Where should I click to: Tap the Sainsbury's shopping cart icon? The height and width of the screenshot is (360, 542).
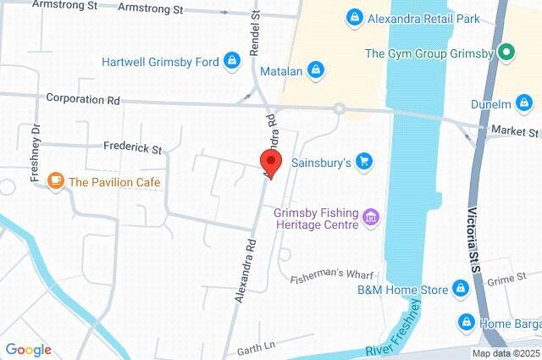coord(364,160)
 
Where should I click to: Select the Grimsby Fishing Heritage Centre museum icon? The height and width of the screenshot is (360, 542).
coord(370,219)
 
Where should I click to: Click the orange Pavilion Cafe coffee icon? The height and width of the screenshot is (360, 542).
coord(56,181)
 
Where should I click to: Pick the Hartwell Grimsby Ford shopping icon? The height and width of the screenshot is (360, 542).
coord(231,61)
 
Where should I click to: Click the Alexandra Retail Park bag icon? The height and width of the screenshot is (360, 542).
coord(354,16)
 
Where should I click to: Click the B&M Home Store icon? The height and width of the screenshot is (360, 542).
coord(461,290)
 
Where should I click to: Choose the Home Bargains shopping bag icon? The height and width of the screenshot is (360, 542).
coord(466,323)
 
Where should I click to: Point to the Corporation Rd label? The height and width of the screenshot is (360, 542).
coord(83,98)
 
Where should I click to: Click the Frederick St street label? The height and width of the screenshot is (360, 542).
coord(132,148)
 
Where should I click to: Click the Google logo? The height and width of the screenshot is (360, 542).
coord(28,350)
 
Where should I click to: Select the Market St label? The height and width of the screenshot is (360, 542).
coord(522,132)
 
